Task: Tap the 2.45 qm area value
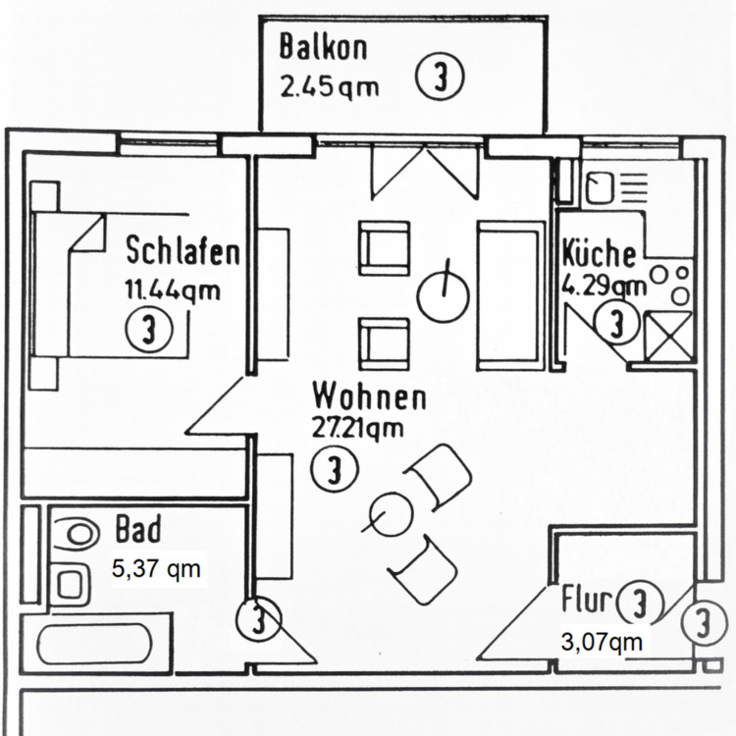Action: (x=329, y=87)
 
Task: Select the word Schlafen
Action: (x=183, y=251)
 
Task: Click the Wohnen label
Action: (x=369, y=397)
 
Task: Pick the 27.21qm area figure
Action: (x=357, y=429)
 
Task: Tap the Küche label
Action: (x=599, y=253)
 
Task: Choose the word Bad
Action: (x=138, y=530)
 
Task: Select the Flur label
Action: (x=587, y=599)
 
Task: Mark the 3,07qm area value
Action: (x=602, y=642)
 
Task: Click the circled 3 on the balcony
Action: (x=439, y=78)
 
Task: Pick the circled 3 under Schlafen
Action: (x=148, y=331)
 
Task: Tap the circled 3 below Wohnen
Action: (x=334, y=470)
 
